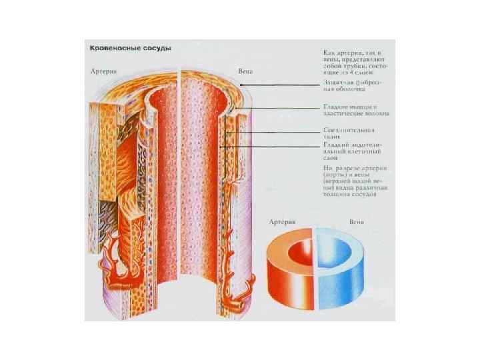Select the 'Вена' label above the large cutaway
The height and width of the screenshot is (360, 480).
pyautogui.click(x=246, y=70)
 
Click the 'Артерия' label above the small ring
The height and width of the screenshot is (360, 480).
pyautogui.click(x=282, y=217)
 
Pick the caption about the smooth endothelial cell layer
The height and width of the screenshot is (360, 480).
pyautogui.click(x=350, y=151)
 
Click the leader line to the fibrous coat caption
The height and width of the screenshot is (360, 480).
pyautogui.click(x=280, y=85)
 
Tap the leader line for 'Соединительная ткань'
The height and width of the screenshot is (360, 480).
pyautogui.click(x=273, y=133)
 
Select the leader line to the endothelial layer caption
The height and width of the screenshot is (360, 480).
pyautogui.click(x=273, y=146)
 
